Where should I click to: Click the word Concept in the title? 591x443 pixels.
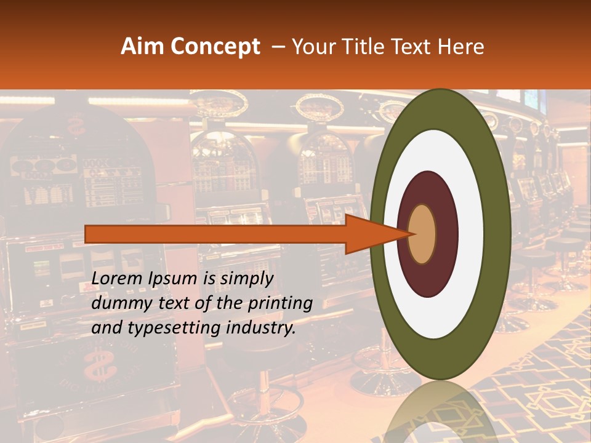[x=214, y=47]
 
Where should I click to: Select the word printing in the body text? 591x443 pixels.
[x=281, y=303]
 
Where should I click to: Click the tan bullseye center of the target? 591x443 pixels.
[x=422, y=234]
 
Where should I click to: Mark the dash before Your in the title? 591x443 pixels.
[x=278, y=47]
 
